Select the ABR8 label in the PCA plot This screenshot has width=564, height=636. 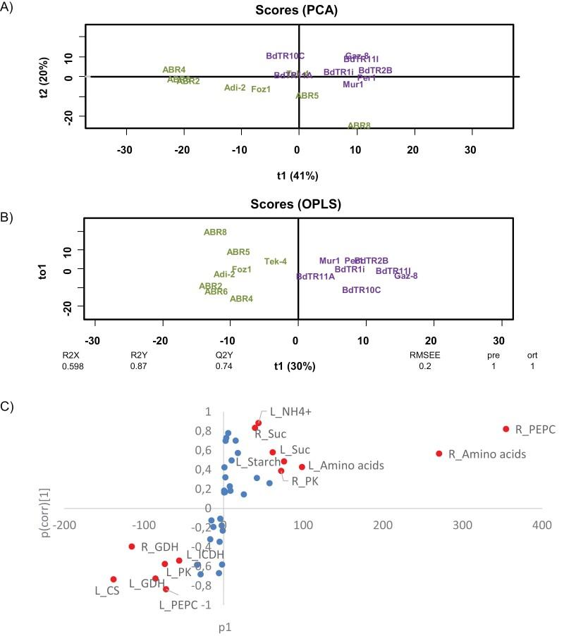pyautogui.click(x=359, y=125)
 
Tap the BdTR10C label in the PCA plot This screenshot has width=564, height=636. pyautogui.click(x=285, y=56)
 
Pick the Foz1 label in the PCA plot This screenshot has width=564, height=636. pyautogui.click(x=261, y=89)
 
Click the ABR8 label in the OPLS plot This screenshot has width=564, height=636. pyautogui.click(x=215, y=232)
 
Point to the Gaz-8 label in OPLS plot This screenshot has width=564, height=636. pyautogui.click(x=406, y=276)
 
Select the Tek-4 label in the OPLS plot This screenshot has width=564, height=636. pyautogui.click(x=276, y=261)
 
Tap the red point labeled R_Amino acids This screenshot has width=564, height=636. pyautogui.click(x=439, y=454)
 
